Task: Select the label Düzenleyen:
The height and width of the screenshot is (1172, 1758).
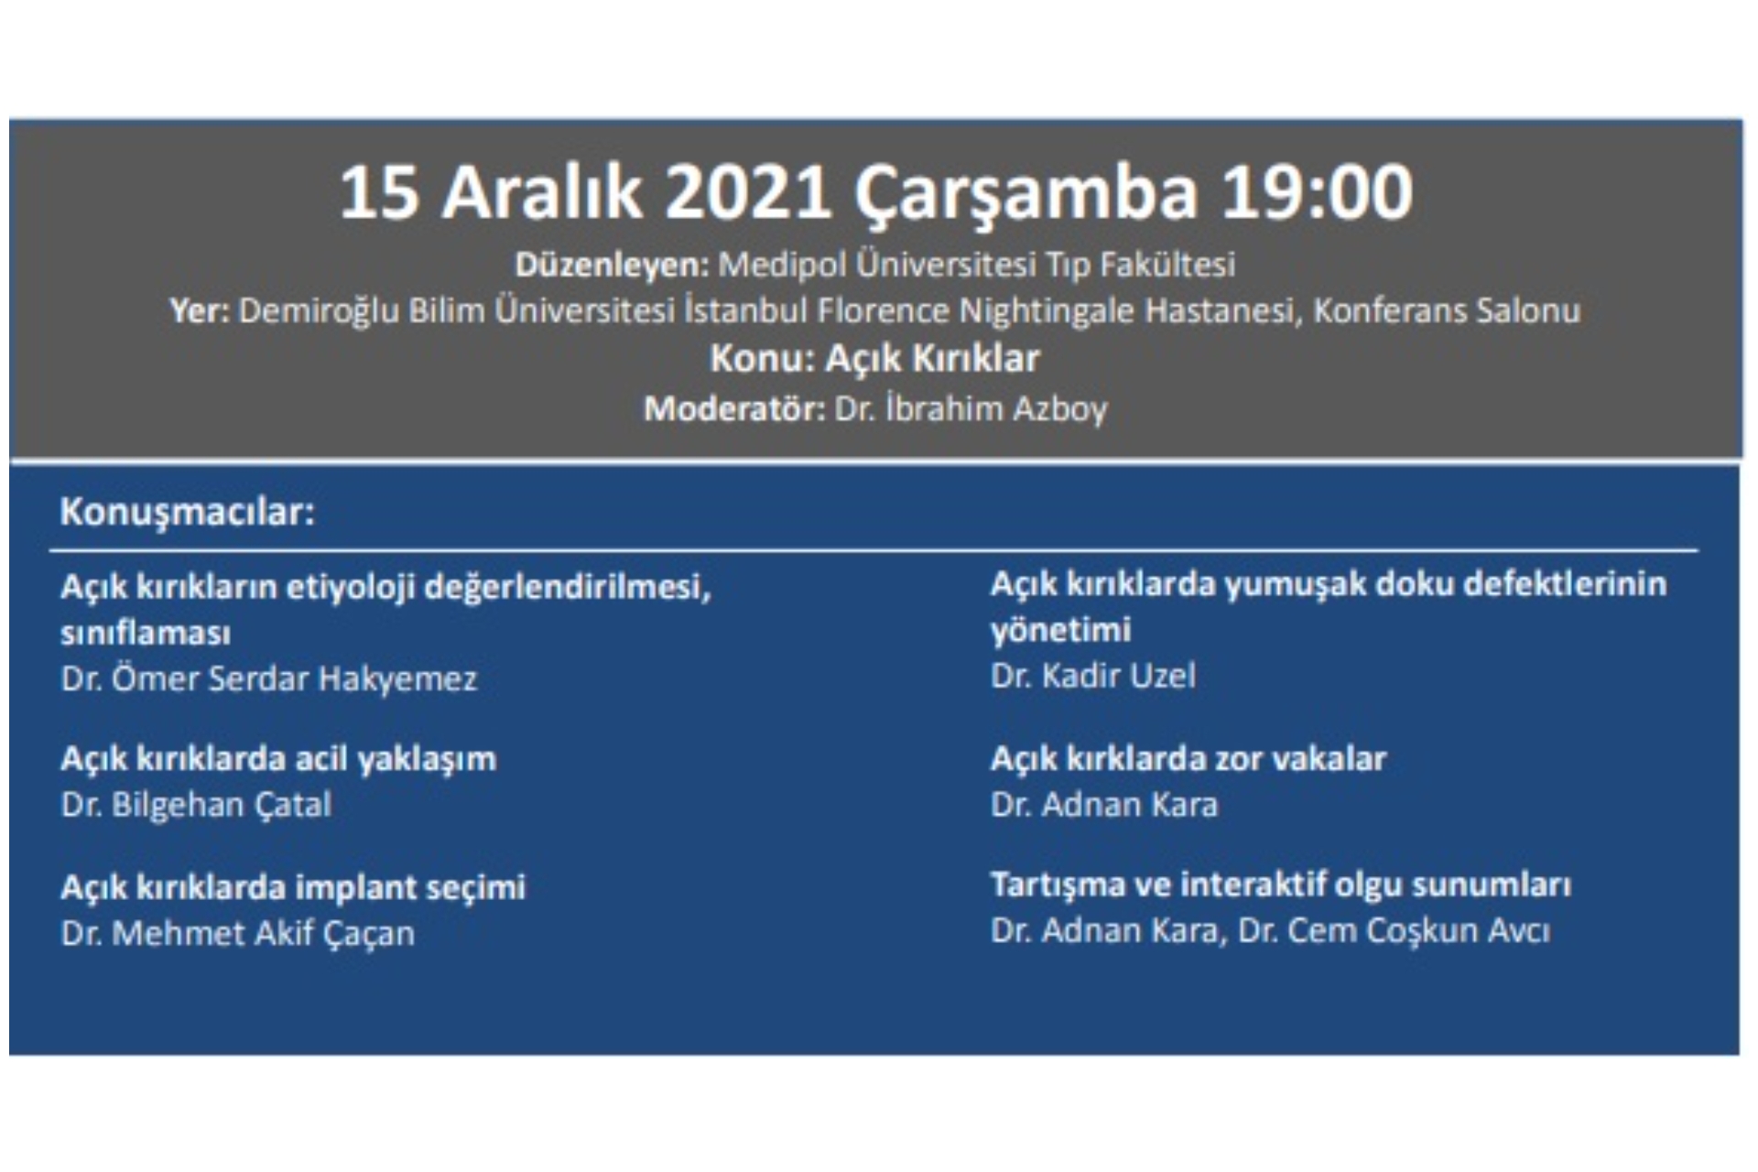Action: pos(612,265)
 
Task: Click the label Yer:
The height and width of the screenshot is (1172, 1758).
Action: pos(200,311)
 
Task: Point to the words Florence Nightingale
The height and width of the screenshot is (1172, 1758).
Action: pos(976,311)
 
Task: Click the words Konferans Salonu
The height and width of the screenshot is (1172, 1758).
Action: pos(1447,311)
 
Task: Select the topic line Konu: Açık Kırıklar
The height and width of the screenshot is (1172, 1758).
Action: pos(875,359)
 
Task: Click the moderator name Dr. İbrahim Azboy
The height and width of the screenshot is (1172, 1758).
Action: pos(971,408)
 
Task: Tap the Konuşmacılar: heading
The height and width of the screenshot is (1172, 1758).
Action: pos(187,512)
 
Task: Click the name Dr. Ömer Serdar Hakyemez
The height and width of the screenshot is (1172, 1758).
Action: pos(269,679)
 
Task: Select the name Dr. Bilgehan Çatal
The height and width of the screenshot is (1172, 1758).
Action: pos(196,806)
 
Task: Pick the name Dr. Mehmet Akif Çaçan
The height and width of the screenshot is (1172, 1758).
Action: pos(238,934)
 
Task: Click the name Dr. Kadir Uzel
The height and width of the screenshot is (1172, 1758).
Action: pos(1093,677)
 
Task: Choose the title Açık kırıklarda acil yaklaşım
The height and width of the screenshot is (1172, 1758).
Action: pos(278,759)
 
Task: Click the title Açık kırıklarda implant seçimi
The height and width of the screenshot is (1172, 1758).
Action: pos(293,887)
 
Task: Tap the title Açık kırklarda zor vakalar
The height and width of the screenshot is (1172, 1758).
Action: pos(1188,759)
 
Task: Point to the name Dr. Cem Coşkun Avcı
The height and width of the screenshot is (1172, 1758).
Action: pos(1394,931)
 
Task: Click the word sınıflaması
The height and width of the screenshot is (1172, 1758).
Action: pos(146,633)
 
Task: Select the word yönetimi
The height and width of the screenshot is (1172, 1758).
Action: pos(1060,630)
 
